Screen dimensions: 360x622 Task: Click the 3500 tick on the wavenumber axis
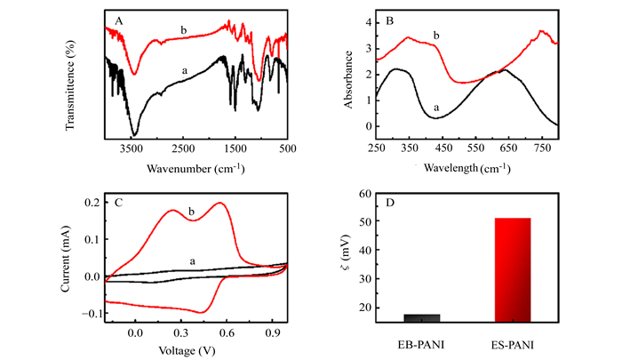[x=132, y=150]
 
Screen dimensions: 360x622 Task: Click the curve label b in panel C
[x=191, y=212]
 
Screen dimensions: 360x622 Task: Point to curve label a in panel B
[x=436, y=108]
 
